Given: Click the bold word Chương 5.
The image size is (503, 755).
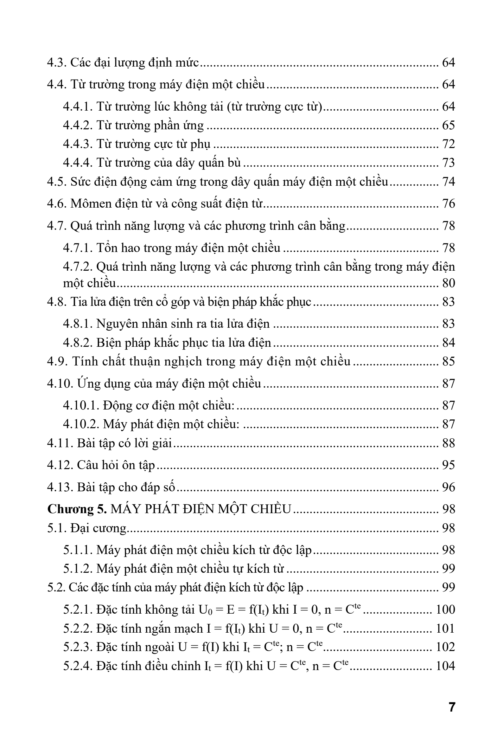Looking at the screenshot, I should coord(77,509).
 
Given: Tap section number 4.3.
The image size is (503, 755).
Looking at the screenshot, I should coord(57,62).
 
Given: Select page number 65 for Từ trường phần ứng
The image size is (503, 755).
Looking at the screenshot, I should coord(449,125).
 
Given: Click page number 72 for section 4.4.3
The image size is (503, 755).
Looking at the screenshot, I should coord(449,144).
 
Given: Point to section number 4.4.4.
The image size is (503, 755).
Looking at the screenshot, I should coord(78,163).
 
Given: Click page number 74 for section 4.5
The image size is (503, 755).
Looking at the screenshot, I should coord(449,182).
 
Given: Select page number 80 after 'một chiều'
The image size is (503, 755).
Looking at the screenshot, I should coord(449,283).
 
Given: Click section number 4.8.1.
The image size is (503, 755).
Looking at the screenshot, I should coord(78,324).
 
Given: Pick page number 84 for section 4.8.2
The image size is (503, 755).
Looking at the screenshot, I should coord(449,343).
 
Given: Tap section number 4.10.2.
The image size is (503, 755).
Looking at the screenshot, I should coord(81,424).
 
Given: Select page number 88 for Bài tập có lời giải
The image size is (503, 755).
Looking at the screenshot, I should coord(449,443).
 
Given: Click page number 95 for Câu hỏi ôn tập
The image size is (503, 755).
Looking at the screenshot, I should coord(449,465).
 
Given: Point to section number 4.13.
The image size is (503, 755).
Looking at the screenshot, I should coord(60,487).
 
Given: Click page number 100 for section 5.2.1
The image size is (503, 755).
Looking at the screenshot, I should coord(445,609).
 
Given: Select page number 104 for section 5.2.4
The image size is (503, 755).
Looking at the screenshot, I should coord(445,666).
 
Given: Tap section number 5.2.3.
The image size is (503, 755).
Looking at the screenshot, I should coord(78,647).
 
